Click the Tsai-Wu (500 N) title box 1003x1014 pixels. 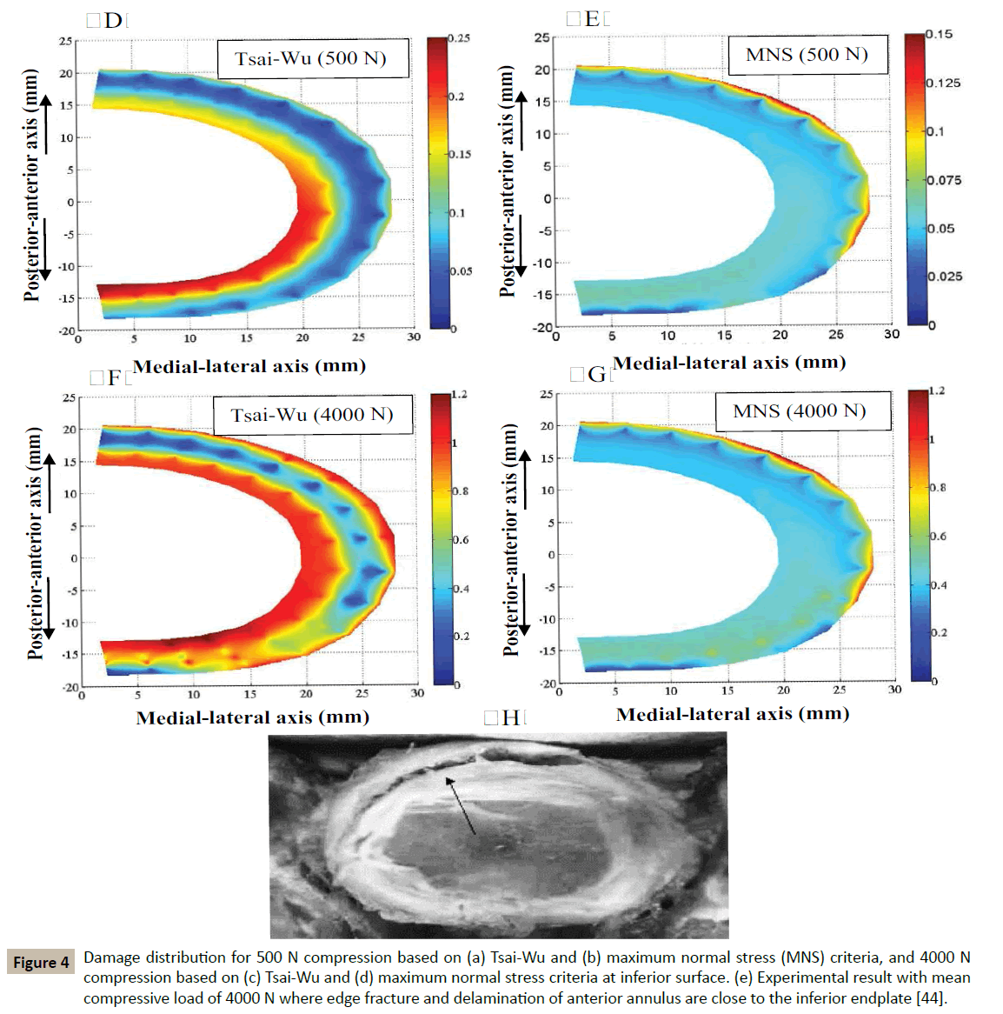pyautogui.click(x=311, y=59)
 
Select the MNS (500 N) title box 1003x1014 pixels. pyautogui.click(x=807, y=55)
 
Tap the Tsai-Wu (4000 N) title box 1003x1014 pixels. pyautogui.click(x=311, y=415)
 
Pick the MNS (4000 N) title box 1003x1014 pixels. pyautogui.click(x=800, y=410)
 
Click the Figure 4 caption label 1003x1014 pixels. pyautogui.click(x=41, y=962)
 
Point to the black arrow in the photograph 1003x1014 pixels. pyautogui.click(x=461, y=805)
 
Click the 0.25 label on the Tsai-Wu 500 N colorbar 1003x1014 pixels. pyautogui.click(x=459, y=38)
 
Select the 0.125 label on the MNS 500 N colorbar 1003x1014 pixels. pyautogui.click(x=943, y=83)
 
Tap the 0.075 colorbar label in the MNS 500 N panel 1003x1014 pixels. pyautogui.click(x=943, y=181)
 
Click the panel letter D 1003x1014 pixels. pyautogui.click(x=112, y=21)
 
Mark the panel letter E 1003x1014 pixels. pyautogui.click(x=592, y=19)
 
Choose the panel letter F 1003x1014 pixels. pyautogui.click(x=114, y=377)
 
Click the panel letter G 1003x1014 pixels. pyautogui.click(x=596, y=375)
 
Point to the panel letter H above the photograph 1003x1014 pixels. pyautogui.click(x=510, y=717)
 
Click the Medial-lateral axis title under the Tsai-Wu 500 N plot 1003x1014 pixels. pyautogui.click(x=249, y=366)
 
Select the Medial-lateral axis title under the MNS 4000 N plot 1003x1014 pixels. pyautogui.click(x=733, y=714)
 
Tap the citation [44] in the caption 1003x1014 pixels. pyautogui.click(x=930, y=997)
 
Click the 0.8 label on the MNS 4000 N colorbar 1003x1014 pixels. pyautogui.click(x=938, y=488)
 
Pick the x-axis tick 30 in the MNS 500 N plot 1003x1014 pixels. pyautogui.click(x=892, y=334)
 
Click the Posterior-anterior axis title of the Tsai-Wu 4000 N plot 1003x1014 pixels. pyautogui.click(x=35, y=544)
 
